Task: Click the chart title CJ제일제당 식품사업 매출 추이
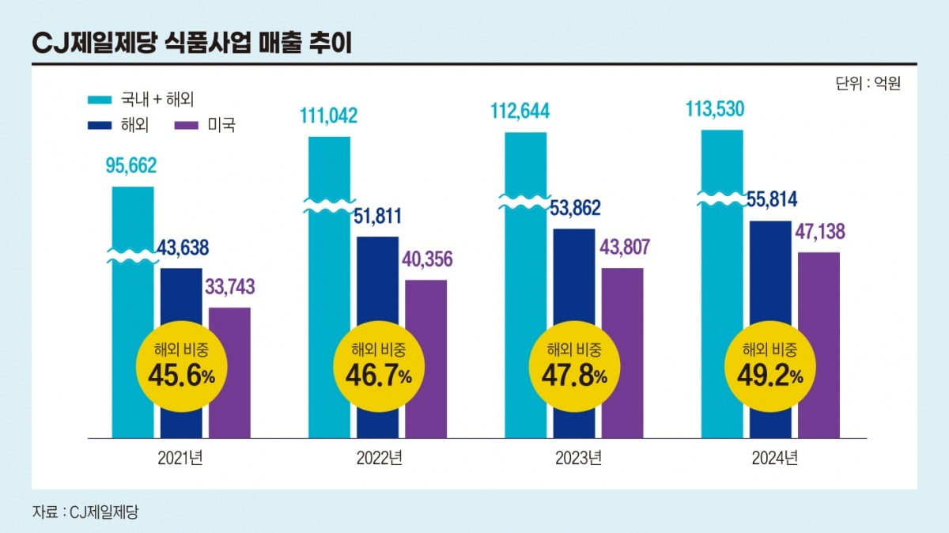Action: pos(192,44)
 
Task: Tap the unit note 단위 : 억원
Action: pos(868,83)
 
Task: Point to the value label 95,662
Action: pos(131,166)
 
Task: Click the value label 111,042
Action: pos(328,116)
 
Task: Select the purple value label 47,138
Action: pos(819,232)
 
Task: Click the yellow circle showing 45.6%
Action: pos(180,366)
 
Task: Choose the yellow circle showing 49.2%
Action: pos(769,366)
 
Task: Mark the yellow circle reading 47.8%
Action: pos(573,366)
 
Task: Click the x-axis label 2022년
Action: pos(378,458)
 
